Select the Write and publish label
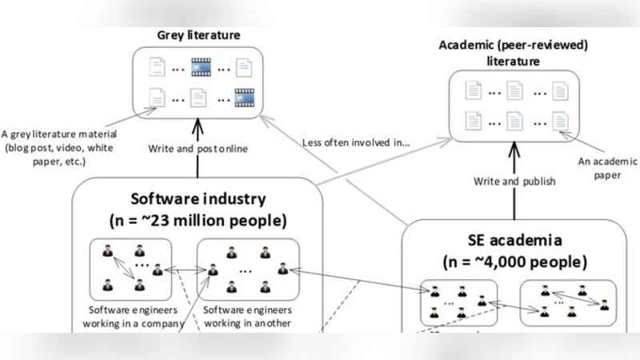tap(514, 181)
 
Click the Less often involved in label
tap(356, 142)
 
